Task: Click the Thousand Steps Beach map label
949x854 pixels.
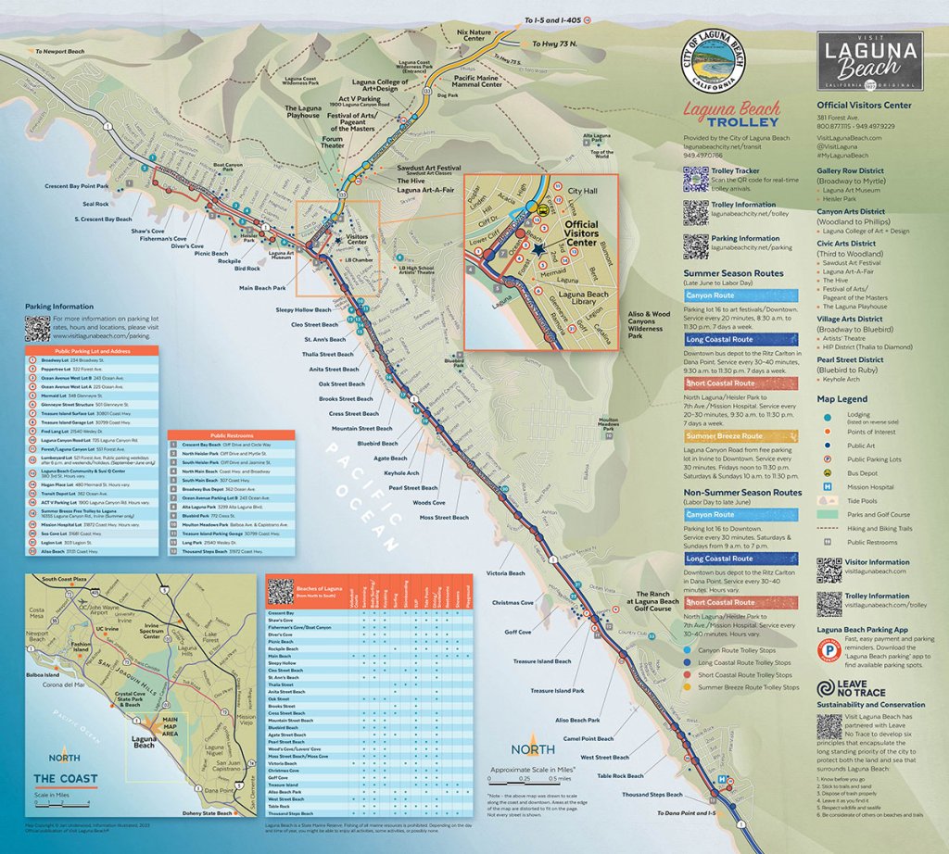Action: tap(652, 795)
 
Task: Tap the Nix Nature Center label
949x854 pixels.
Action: tap(472, 37)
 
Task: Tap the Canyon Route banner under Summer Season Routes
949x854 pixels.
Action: tap(711, 295)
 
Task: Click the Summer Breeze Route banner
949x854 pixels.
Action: tap(724, 435)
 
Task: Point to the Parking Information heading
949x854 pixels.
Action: tap(61, 307)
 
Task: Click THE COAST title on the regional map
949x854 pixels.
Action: tap(65, 778)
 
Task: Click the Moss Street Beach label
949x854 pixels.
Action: tap(444, 517)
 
